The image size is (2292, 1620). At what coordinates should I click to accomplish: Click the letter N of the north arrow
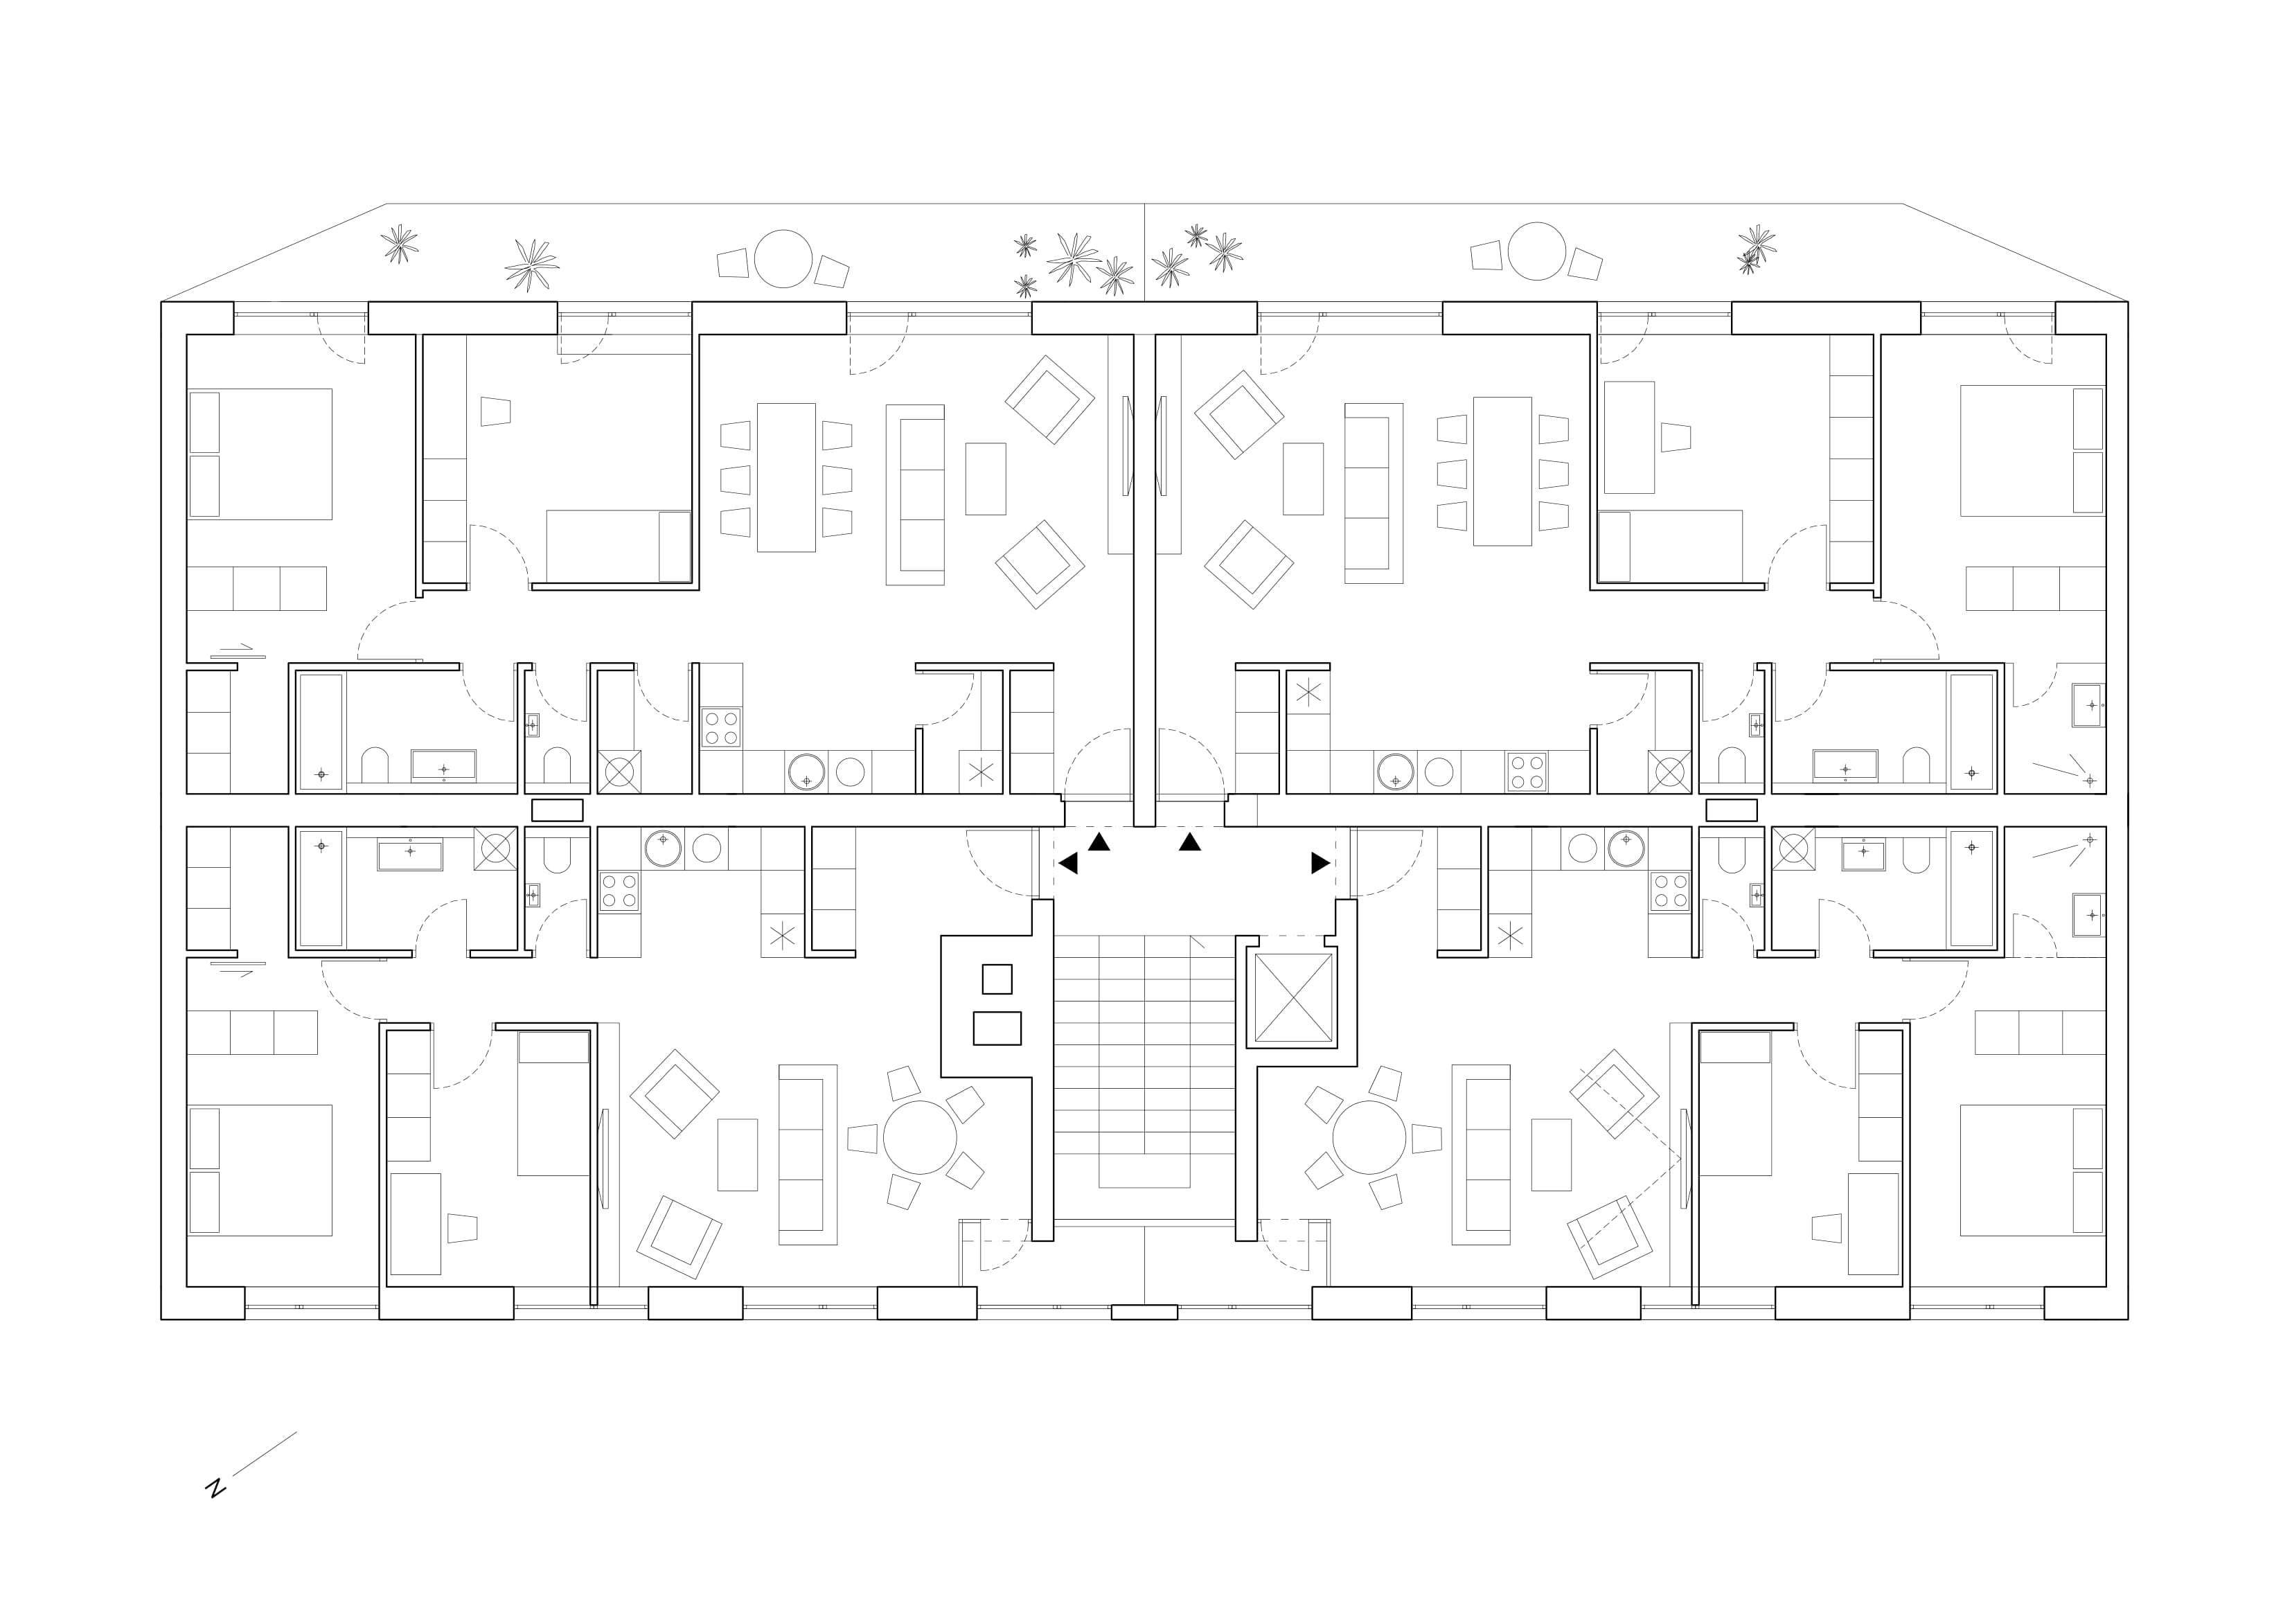coord(215,1488)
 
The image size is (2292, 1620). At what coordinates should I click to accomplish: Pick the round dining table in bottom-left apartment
coord(919,1138)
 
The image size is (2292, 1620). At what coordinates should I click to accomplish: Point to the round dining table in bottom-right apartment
coord(1369,1138)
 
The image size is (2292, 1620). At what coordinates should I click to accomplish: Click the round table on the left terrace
coord(783,258)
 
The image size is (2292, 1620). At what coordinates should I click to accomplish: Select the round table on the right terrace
coord(1536,251)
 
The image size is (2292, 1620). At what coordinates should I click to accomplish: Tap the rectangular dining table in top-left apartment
coord(785,477)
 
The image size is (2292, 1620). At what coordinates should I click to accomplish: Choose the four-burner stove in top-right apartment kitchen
coord(1527,772)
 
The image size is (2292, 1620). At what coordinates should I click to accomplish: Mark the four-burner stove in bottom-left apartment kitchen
coord(619,891)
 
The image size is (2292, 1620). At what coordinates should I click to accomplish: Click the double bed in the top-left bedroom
coord(260,454)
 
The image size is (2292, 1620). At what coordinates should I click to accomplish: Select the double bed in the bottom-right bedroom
coord(2032,1170)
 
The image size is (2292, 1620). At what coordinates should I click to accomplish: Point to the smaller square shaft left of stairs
coord(996,979)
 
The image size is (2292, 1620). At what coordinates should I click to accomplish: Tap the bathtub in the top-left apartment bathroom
coord(321,731)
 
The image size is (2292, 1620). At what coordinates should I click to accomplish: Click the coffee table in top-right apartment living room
coord(1303,479)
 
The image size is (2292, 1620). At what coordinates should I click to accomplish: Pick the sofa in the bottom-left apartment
coord(808,1155)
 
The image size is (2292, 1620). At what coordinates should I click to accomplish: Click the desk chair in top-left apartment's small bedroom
coord(495,411)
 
